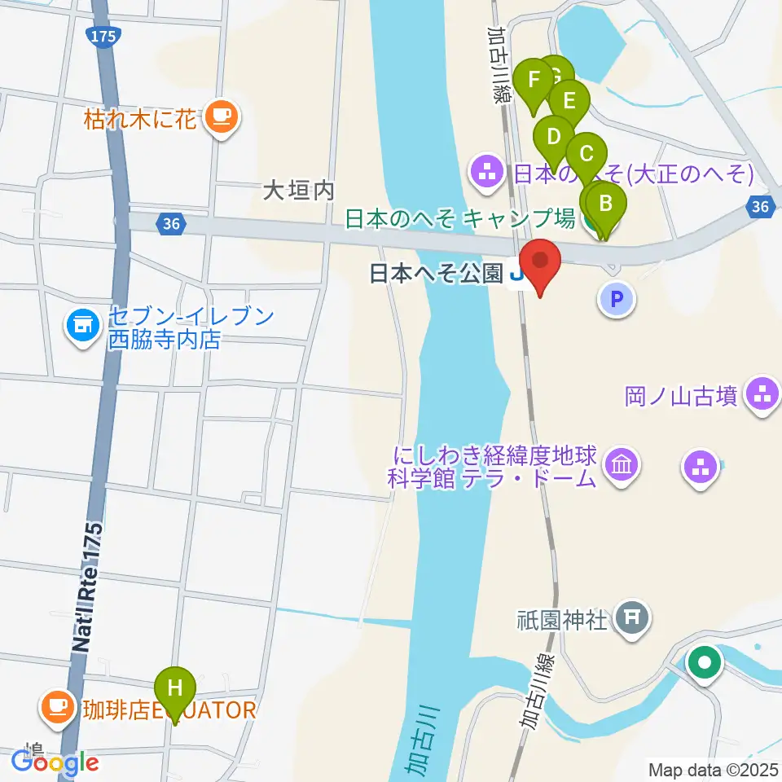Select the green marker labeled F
[534, 81]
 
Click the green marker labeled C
[585, 154]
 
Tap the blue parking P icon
[617, 300]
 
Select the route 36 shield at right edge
[761, 207]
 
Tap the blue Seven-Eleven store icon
[81, 327]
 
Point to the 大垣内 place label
[298, 191]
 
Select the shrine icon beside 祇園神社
[632, 618]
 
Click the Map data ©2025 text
[713, 769]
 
